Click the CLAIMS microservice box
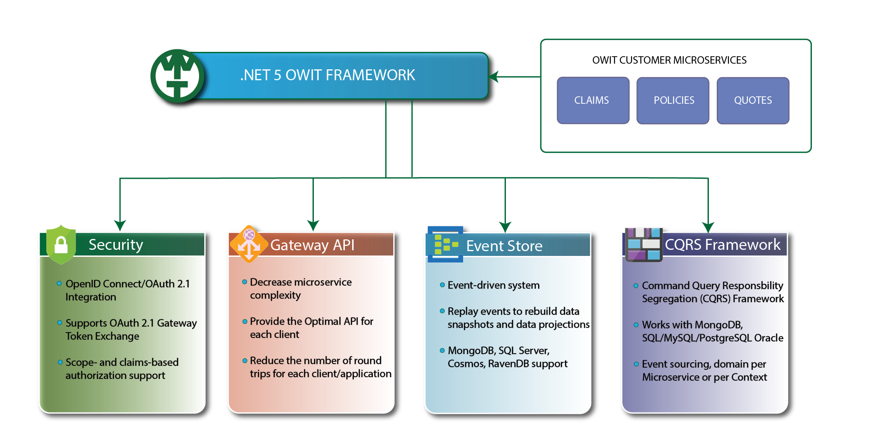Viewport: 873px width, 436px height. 593,100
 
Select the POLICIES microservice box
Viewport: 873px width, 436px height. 673,100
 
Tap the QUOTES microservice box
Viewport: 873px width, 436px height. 753,100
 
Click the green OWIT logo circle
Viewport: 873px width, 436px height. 177,76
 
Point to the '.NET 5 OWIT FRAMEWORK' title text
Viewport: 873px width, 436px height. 327,75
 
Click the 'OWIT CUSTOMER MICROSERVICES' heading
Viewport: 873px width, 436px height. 669,60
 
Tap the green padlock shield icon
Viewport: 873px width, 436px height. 61,245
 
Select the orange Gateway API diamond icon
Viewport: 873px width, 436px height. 249,244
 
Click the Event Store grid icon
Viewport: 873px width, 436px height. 445,244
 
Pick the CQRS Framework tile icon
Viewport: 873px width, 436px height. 644,245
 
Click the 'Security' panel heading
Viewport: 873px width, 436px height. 116,245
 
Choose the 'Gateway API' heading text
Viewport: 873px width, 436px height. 313,245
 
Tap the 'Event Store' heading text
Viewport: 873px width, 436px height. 504,246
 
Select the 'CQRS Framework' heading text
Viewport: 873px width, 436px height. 722,245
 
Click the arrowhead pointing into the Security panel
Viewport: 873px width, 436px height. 120,225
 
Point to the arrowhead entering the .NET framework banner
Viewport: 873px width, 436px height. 494,77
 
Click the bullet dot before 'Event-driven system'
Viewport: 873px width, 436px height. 442,285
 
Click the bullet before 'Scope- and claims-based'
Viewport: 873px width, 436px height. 60,362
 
